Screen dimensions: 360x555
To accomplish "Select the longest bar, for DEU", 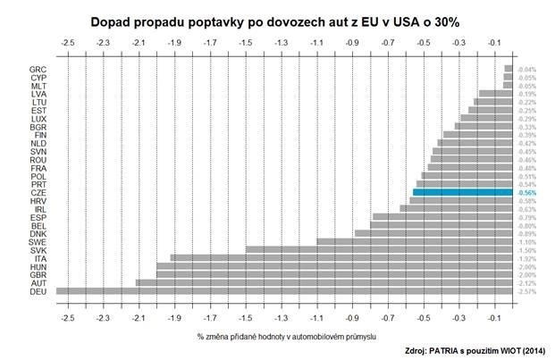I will [284, 290].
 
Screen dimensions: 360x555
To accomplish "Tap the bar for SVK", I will [379, 249].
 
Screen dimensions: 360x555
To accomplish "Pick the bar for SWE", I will [415, 241].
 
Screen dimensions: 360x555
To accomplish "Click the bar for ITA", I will [341, 257].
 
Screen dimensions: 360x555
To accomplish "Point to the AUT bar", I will [324, 282].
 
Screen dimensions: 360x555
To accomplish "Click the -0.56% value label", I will [526, 192].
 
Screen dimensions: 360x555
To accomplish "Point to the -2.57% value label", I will [526, 290].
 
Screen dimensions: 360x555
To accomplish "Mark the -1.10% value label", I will [526, 241].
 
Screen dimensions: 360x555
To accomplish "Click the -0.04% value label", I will [526, 69].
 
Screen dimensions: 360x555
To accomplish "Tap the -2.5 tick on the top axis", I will [67, 43].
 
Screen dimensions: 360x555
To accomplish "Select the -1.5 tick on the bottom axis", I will [246, 317].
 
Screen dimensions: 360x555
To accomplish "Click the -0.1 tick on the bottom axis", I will [495, 317].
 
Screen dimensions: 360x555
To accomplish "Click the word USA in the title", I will [394, 19].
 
